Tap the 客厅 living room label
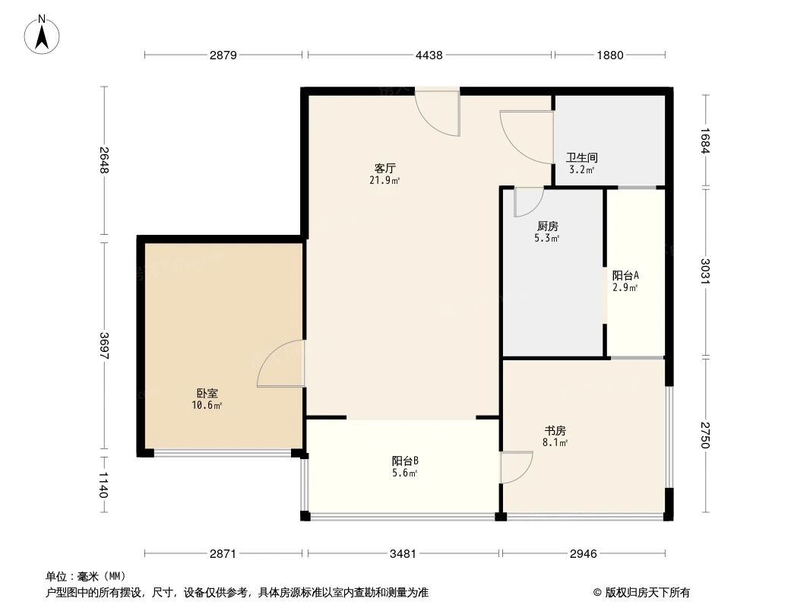coord(385,168)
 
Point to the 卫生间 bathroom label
coord(582,158)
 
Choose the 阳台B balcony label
coord(405,461)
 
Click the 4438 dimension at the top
coord(429,55)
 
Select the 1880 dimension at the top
coord(609,55)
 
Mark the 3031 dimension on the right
coord(705,272)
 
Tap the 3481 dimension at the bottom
coord(403,553)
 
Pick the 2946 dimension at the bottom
coord(584,553)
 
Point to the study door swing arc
coord(517,467)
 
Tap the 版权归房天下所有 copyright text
coord(641,592)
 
